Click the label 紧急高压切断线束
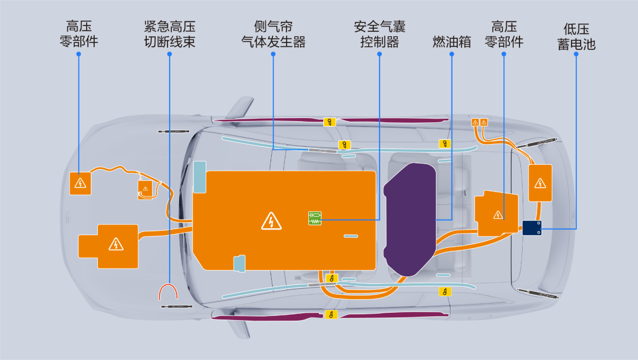point(170,34)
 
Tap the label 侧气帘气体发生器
point(273,34)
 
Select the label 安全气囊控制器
point(380,34)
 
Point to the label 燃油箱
point(452,41)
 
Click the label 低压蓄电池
point(576,37)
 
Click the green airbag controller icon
point(315,219)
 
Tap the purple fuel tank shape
point(409,219)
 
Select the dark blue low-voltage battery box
point(532,228)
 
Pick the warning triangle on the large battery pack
point(271,221)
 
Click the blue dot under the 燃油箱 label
point(452,54)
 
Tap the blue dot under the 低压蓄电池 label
point(576,54)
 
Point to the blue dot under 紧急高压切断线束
point(170,54)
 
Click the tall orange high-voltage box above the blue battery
point(540,183)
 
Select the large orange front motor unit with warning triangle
point(108,246)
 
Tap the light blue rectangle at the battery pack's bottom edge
point(239,263)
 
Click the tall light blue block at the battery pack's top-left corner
point(199,177)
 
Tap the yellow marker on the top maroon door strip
point(330,122)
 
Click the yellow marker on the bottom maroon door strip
point(331,314)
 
